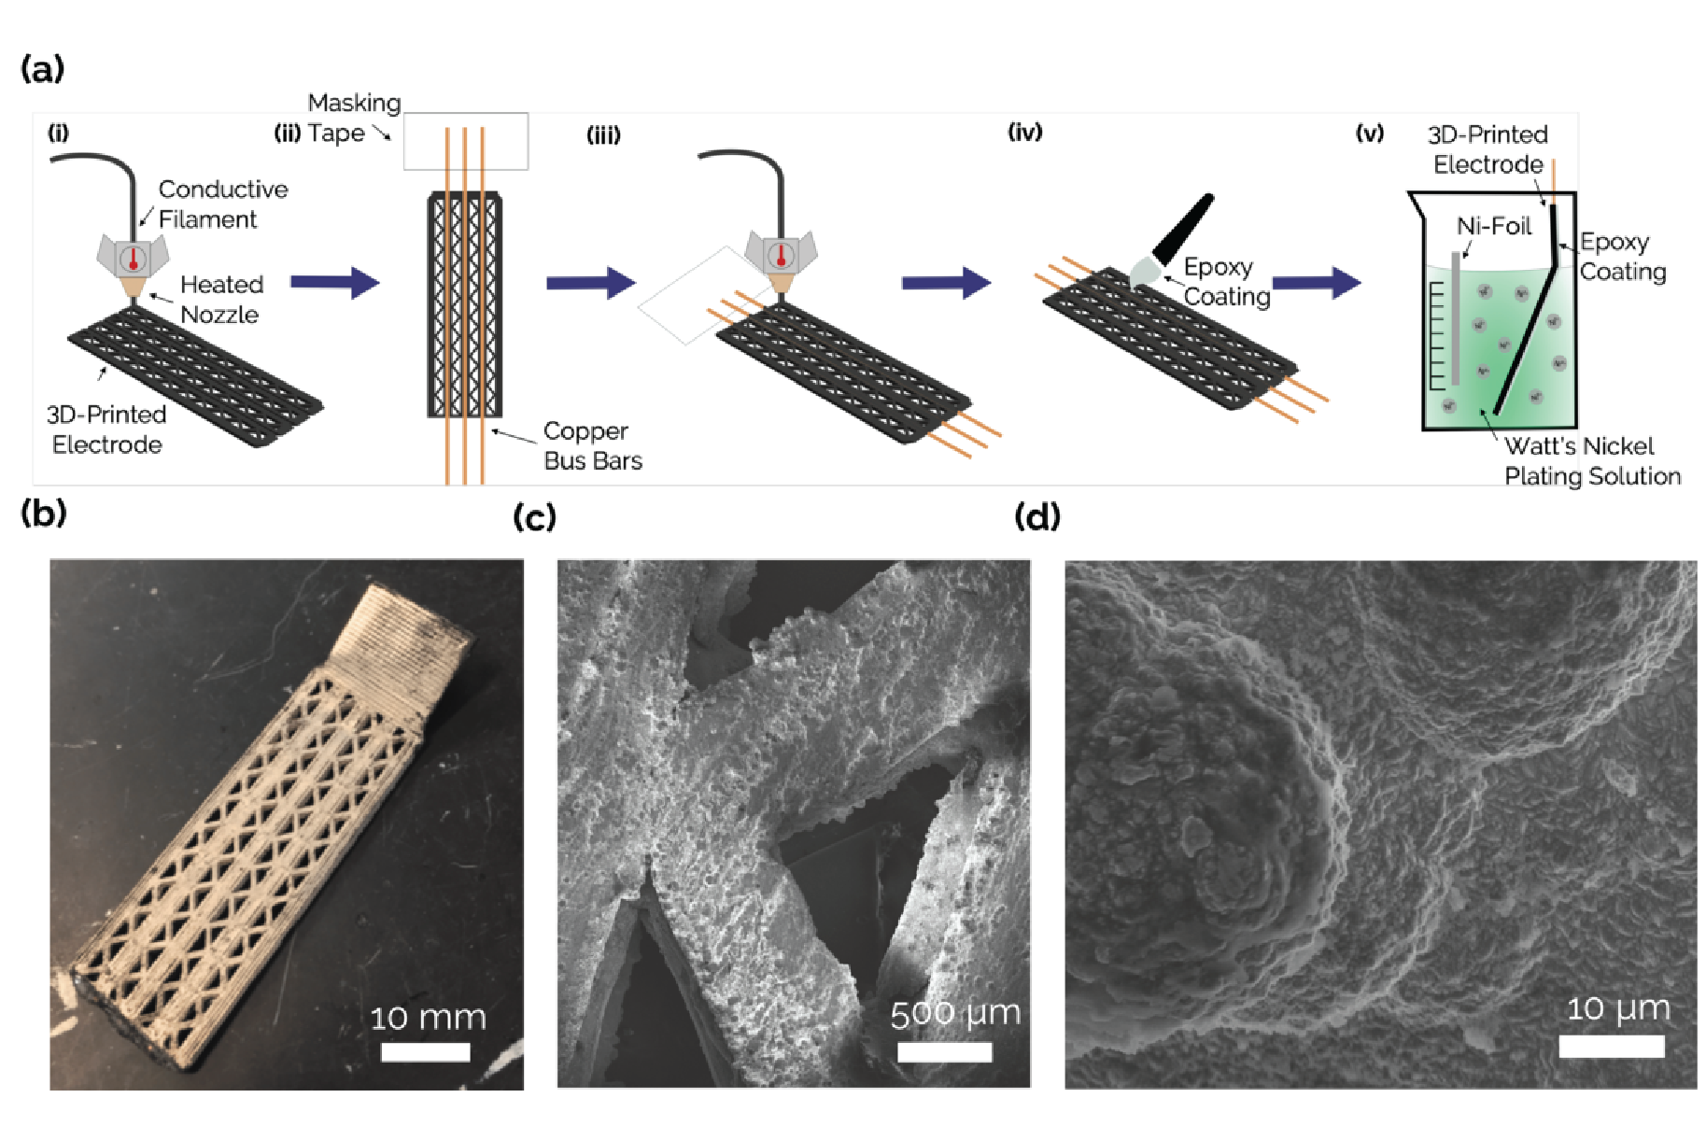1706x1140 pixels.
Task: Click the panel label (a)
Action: point(42,69)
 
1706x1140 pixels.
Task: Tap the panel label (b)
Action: point(43,513)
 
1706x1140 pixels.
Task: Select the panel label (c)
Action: point(534,516)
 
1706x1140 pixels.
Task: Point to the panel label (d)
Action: point(1036,516)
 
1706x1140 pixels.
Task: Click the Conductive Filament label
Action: point(222,204)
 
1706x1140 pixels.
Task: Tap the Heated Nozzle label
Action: point(221,299)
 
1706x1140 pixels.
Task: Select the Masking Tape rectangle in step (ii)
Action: point(465,141)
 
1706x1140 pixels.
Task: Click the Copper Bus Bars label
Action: point(592,445)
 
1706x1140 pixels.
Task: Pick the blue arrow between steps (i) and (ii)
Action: point(334,282)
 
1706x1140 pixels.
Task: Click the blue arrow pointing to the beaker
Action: point(1316,282)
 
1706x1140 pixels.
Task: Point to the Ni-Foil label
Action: point(1493,226)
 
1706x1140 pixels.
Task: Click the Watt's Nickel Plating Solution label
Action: point(1591,460)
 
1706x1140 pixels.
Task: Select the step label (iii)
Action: point(603,135)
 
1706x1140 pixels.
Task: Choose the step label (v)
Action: point(1369,133)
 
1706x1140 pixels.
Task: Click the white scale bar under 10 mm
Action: point(425,1052)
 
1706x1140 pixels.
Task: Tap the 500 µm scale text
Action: point(954,1014)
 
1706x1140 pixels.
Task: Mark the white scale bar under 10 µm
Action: point(1611,1046)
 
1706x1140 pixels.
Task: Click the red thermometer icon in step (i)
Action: point(133,258)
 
